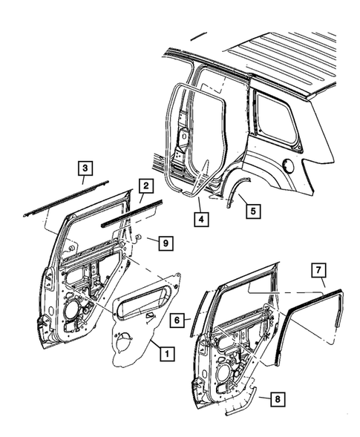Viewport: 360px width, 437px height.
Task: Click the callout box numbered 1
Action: point(168,354)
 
